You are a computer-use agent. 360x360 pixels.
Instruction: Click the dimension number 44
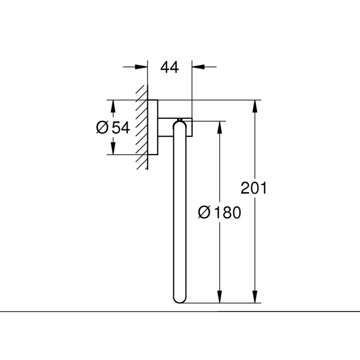point(170,68)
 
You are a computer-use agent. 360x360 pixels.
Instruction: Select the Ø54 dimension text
point(113,127)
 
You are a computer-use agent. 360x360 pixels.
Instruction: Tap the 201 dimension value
point(254,188)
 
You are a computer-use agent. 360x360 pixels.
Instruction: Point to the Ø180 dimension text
point(220,212)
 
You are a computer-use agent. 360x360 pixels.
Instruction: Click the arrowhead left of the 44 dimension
point(141,67)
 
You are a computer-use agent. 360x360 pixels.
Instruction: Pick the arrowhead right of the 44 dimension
point(198,67)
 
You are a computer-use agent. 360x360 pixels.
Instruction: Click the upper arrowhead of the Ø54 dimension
point(113,106)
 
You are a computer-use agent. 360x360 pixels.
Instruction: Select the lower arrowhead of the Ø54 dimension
point(113,148)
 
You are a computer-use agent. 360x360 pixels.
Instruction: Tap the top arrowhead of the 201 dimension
point(254,106)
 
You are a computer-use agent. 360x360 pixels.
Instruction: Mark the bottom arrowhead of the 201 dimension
point(254,297)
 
